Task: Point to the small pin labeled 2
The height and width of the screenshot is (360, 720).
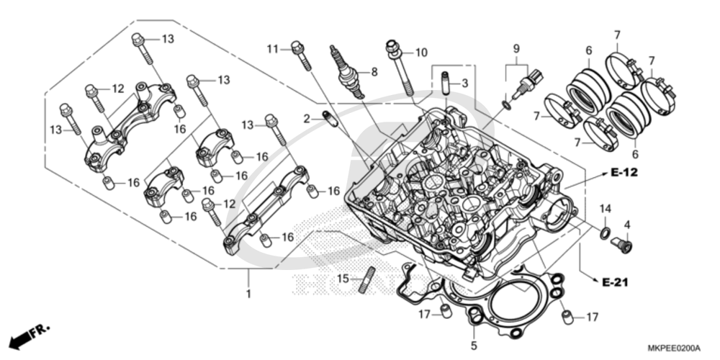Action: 328,118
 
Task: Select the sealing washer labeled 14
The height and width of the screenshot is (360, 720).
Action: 605,232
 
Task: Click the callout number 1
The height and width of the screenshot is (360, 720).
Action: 248,294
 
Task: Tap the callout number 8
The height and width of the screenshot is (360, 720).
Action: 373,72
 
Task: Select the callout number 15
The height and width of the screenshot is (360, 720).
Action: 343,279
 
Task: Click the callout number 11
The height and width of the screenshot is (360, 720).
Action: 272,48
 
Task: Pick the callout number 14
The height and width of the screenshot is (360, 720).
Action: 606,208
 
